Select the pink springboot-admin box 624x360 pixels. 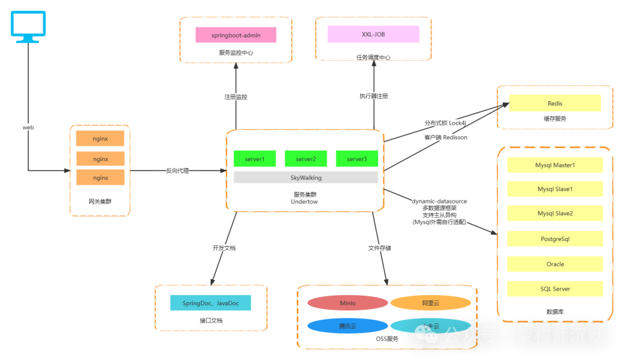tap(236, 35)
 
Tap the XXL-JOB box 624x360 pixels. tap(373, 35)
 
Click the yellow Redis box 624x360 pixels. tap(555, 103)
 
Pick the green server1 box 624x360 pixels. tap(255, 159)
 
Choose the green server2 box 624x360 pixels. tap(306, 159)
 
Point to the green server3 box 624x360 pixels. tap(356, 159)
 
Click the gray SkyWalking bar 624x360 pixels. tap(306, 177)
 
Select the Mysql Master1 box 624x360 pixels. tap(555, 165)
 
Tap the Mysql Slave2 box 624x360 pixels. tap(555, 214)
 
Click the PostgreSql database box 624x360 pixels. tap(555, 239)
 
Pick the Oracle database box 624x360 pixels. tap(555, 264)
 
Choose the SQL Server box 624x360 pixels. tap(555, 289)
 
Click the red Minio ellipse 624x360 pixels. tap(347, 303)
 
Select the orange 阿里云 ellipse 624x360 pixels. tap(430, 303)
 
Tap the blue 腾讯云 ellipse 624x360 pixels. tap(347, 326)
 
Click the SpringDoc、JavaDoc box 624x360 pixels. tap(210, 303)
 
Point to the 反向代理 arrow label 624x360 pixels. tap(177, 171)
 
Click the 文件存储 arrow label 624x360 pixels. tap(380, 248)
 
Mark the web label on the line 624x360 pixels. tap(28, 127)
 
